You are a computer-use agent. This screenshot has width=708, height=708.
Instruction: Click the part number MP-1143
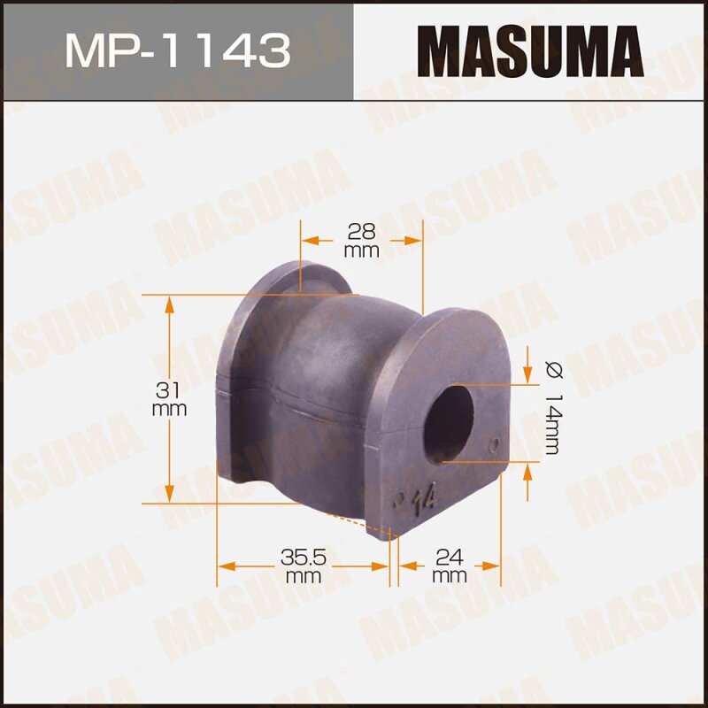176,50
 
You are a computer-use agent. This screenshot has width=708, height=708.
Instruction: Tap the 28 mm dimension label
361,240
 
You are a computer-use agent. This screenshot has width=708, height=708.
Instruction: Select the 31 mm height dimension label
169,399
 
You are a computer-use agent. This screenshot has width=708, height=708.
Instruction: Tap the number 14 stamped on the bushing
423,500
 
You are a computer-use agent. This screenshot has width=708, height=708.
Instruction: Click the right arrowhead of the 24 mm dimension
496,564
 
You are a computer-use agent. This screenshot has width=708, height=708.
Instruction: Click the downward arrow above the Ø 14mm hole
527,375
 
